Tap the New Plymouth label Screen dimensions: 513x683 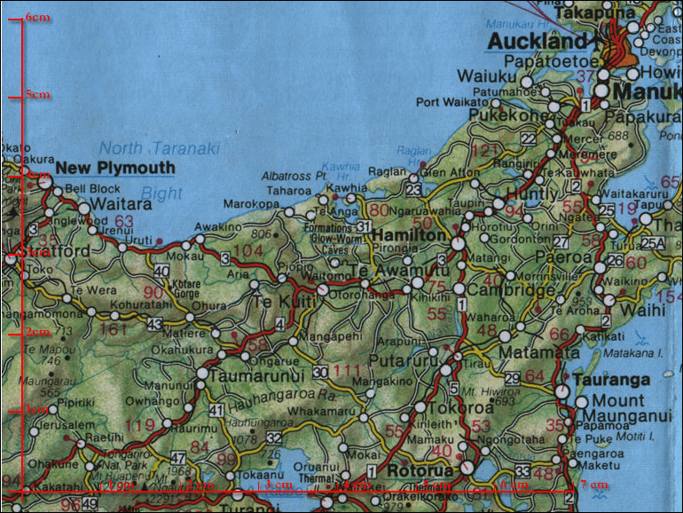pyautogui.click(x=114, y=168)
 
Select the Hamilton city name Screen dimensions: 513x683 pyautogui.click(x=406, y=236)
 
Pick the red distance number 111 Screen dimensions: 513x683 pyautogui.click(x=348, y=371)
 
